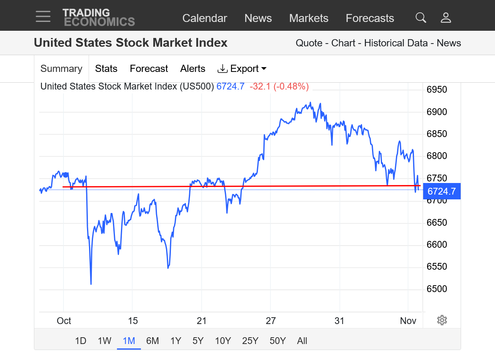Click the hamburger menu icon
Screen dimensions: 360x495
[x=43, y=16]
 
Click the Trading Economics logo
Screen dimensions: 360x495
[x=99, y=17]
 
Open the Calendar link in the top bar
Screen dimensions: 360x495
[x=204, y=18]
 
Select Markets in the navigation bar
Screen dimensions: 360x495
[x=309, y=18]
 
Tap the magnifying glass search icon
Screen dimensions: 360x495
[x=421, y=18]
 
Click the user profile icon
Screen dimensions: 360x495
[x=445, y=18]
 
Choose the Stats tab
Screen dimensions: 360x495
[x=106, y=69]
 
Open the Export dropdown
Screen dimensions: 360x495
[x=242, y=69]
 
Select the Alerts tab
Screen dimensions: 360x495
[x=193, y=69]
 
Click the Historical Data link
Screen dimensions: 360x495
[x=396, y=43]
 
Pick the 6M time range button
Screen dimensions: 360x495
[x=152, y=341]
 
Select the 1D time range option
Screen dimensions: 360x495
[x=81, y=341]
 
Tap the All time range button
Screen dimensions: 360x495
[x=302, y=341]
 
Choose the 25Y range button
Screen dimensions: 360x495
[x=250, y=341]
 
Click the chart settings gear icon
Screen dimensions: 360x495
[x=442, y=320]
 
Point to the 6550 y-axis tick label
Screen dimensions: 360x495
[x=437, y=267]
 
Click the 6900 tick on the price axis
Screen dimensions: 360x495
[x=437, y=112]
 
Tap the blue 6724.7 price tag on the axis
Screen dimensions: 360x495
[x=442, y=191]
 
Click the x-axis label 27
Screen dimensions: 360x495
[x=271, y=321]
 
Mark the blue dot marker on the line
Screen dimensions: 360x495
[x=65, y=175]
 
